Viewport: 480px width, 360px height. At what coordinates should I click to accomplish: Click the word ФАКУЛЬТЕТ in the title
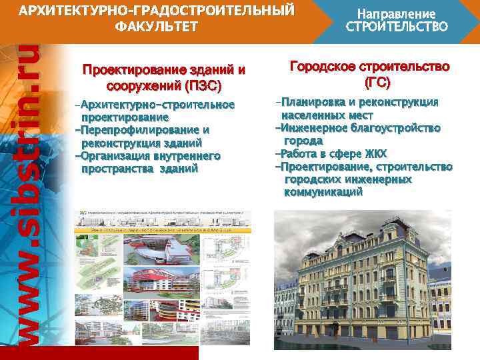[x=156, y=27]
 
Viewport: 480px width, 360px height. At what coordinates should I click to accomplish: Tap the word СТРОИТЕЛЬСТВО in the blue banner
[x=397, y=27]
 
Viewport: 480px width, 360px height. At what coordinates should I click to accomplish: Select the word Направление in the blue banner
[x=397, y=13]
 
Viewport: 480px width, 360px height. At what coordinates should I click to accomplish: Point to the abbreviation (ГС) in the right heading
[x=377, y=83]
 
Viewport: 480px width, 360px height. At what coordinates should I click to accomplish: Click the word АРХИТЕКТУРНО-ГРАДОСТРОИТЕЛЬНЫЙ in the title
[x=156, y=11]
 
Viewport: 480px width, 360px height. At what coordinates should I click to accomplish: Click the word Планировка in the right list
[x=313, y=103]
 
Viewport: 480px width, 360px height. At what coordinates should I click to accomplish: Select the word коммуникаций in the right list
[x=323, y=192]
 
